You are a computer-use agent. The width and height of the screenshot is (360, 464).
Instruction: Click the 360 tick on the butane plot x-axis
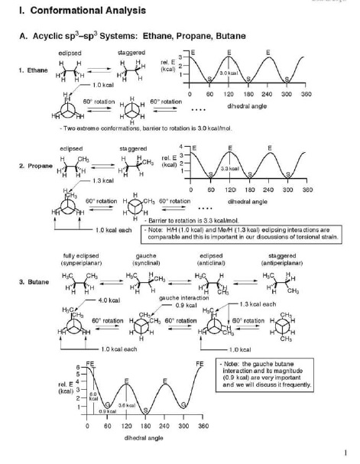pyautogui.click(x=203, y=425)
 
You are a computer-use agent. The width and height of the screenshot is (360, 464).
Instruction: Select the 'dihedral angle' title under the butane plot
pyautogui.click(x=144, y=439)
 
